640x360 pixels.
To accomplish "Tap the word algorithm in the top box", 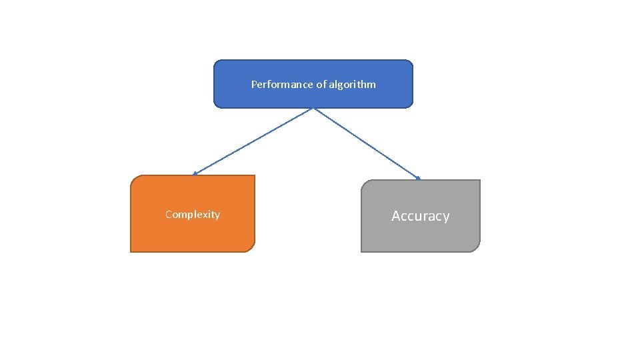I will click(352, 85).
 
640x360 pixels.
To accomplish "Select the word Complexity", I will click(193, 215).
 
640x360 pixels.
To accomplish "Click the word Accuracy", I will click(421, 216).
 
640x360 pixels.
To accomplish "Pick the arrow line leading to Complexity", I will click(253, 141).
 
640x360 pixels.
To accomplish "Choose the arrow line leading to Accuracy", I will click(367, 143).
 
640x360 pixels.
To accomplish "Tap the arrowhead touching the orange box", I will click(195, 173).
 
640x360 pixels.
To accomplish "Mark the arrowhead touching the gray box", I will click(417, 178).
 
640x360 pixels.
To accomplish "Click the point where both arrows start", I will click(313, 108).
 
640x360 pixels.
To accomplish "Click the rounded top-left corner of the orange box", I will click(134, 179).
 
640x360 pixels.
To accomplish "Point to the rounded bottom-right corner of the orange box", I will click(251, 248).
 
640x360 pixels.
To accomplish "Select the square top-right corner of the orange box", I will click(255, 175).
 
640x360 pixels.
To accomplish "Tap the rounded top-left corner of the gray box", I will click(365, 183).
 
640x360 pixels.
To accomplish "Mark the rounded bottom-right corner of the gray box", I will click(477, 248).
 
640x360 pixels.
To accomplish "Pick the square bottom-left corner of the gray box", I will click(361, 251).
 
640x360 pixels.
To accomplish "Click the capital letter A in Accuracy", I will click(396, 216).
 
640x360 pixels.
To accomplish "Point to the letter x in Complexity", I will click(206, 215).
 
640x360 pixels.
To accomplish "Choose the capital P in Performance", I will click(253, 85).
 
